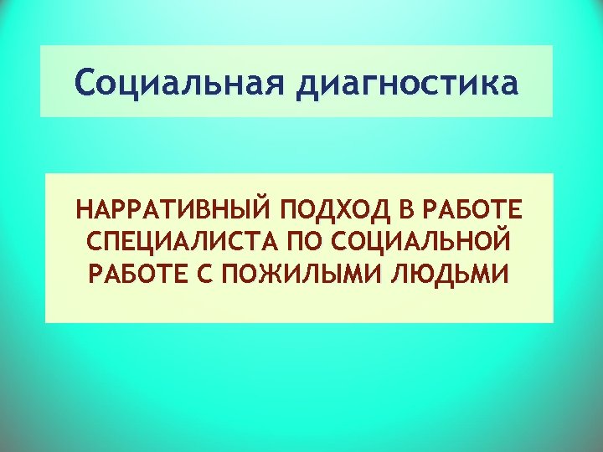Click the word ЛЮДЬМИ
click(454, 275)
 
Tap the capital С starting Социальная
click(85, 85)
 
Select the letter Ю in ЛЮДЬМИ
click(428, 275)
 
